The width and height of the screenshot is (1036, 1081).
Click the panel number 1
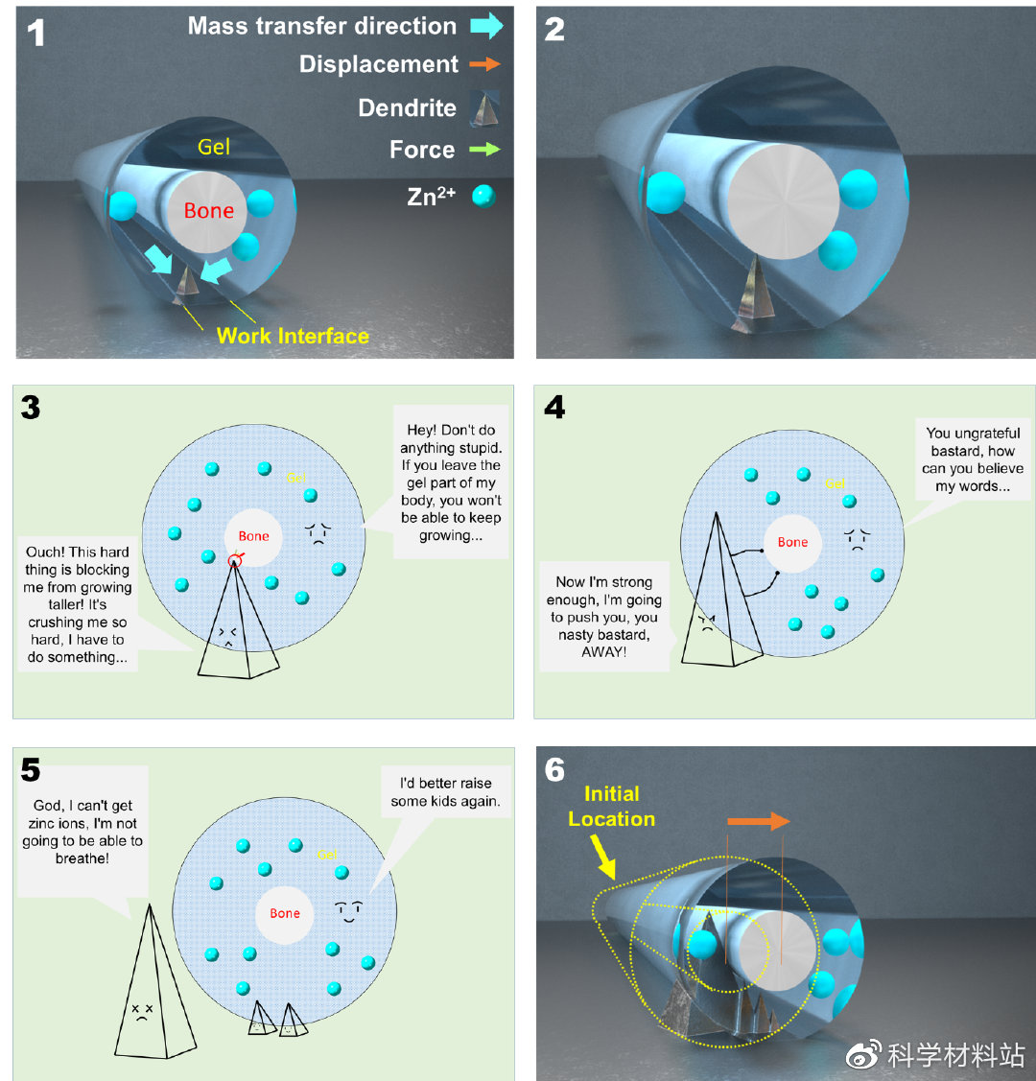point(35,35)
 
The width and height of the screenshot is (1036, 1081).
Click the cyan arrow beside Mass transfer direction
point(486,26)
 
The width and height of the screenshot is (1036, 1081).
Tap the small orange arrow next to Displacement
point(486,64)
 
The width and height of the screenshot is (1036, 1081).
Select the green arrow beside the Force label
point(485,150)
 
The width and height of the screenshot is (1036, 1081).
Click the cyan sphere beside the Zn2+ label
point(483,198)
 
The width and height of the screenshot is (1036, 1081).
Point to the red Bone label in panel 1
point(208,210)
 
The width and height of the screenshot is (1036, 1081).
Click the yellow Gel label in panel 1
point(214,147)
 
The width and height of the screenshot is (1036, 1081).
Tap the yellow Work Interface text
point(293,336)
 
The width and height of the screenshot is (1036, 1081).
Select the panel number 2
point(554,30)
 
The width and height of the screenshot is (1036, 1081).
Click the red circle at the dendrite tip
point(235,560)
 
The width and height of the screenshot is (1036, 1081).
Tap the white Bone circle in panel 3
point(253,536)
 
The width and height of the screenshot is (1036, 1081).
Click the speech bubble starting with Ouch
point(78,604)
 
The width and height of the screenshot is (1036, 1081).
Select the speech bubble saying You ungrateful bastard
point(973,459)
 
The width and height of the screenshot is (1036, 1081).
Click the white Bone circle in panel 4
point(792,542)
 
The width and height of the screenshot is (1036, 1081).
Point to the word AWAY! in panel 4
point(604,651)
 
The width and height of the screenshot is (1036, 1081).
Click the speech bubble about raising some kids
point(445,791)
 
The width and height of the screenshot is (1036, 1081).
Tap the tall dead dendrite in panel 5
point(147,988)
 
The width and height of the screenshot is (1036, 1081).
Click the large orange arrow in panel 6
point(758,821)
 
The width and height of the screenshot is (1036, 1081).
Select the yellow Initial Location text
point(611,806)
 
